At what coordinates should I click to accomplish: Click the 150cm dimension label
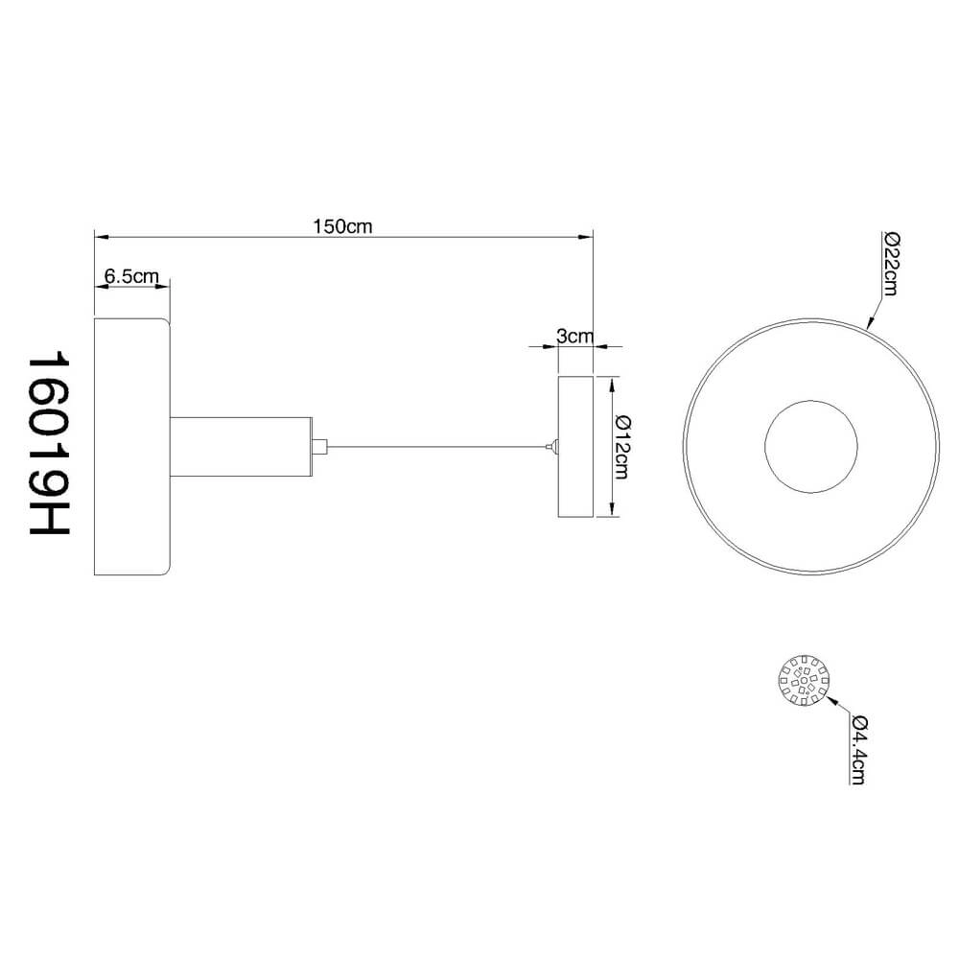click(342, 226)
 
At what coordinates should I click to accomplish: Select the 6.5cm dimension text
click(131, 276)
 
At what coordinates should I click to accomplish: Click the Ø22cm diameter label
click(889, 264)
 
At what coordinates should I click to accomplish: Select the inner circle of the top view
click(810, 446)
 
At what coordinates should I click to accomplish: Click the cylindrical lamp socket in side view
click(241, 446)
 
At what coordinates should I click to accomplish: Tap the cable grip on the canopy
click(550, 446)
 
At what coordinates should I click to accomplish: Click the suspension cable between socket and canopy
click(436, 446)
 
